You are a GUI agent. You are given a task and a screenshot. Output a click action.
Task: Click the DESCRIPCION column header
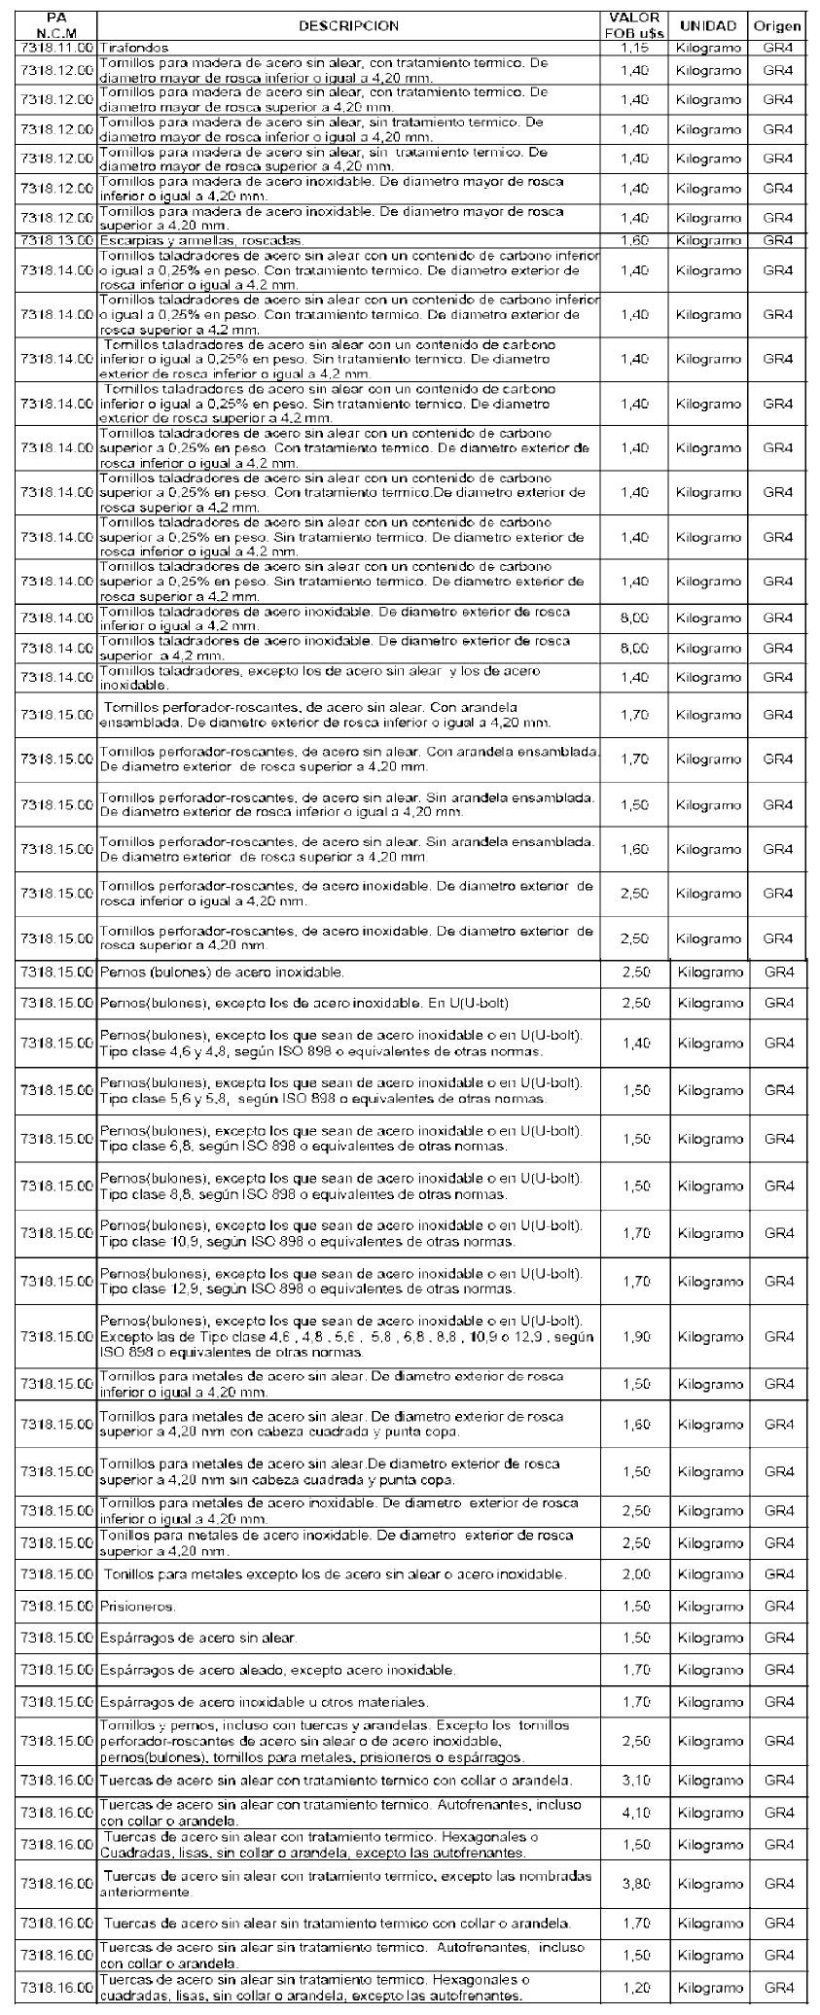pos(347,25)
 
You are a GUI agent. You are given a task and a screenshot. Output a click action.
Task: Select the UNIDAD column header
pos(708,25)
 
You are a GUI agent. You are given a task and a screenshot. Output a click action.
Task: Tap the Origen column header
pos(777,25)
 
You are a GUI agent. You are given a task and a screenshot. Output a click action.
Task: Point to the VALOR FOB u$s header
pos(634,25)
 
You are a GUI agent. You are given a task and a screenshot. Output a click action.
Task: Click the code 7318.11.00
pos(56,48)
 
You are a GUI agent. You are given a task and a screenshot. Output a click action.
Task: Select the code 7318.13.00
pos(56,240)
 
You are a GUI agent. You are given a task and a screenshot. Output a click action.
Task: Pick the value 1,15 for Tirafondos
pos(634,48)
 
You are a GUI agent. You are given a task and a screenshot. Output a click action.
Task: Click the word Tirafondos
pos(134,48)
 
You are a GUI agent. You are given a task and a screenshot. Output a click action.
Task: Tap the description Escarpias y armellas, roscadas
pos(201,240)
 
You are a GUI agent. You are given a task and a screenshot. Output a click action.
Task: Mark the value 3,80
pos(634,1884)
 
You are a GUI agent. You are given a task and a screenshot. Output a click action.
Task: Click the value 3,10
pos(634,1781)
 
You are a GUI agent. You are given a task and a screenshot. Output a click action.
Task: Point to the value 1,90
pos(634,1337)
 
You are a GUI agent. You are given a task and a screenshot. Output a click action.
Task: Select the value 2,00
pos(634,1574)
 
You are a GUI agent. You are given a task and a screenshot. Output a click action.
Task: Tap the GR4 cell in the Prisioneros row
pos(778,1607)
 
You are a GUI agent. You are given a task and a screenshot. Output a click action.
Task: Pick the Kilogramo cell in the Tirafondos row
pos(708,48)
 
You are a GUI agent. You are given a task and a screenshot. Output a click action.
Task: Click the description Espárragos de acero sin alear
pos(198,1639)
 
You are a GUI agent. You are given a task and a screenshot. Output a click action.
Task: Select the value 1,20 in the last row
pos(634,1989)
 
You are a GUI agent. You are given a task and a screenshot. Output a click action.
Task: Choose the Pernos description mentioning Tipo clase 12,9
pos(340,1281)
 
